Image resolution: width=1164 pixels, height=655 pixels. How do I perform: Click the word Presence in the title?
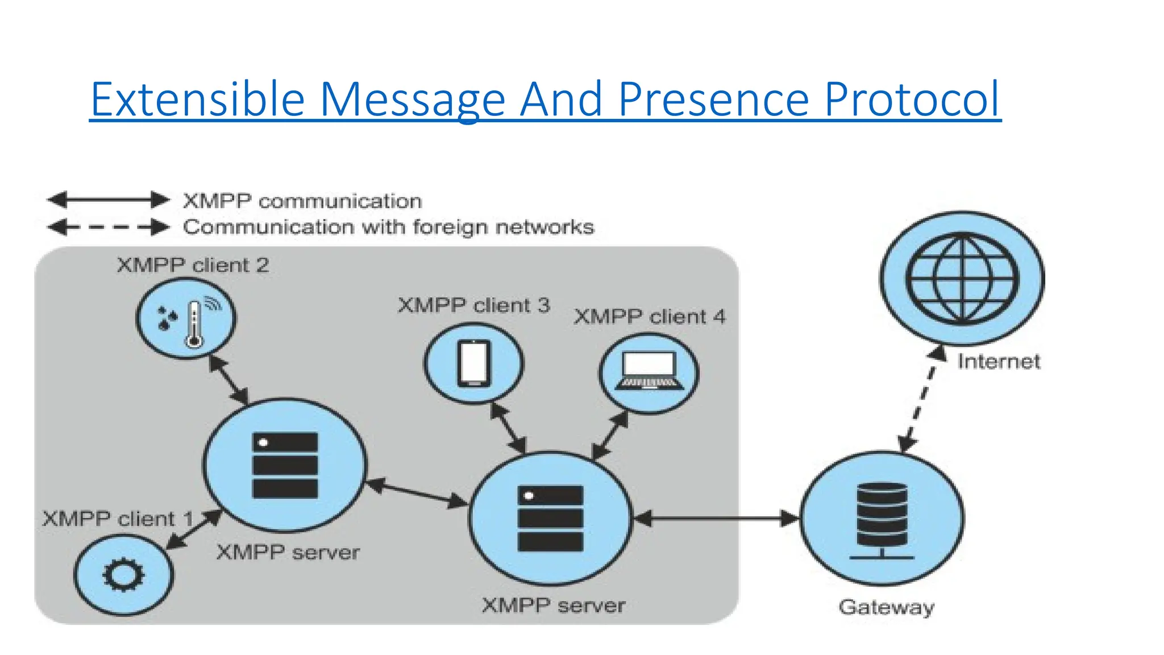[x=713, y=100]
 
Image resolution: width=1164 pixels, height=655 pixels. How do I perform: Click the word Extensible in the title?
[x=198, y=100]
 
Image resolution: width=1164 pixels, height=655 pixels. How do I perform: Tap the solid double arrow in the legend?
[x=108, y=200]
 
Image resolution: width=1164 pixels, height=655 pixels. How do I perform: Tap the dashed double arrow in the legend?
[x=108, y=227]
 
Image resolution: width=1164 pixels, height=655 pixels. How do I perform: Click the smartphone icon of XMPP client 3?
[x=473, y=363]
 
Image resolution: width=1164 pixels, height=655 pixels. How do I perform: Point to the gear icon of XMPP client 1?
[x=123, y=575]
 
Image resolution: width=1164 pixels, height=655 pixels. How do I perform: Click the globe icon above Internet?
[x=962, y=279]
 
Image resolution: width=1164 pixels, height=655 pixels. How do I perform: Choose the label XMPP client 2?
[x=193, y=266]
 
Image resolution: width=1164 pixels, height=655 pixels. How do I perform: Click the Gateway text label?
[x=886, y=607]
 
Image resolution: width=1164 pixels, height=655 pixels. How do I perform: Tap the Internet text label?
[x=999, y=362]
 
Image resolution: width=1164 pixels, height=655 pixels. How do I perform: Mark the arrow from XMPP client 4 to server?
[x=610, y=436]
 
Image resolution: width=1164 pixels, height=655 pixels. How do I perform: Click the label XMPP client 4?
[x=649, y=317]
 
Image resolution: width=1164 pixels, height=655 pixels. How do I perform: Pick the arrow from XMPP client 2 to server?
[x=228, y=380]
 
